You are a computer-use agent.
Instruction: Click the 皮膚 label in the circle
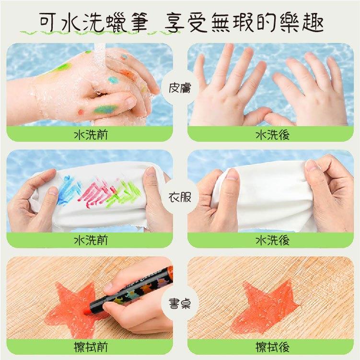[x=180, y=88]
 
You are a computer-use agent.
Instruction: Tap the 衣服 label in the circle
[x=180, y=197]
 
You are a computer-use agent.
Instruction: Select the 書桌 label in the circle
[x=180, y=303]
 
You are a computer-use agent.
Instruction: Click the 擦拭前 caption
[x=91, y=347]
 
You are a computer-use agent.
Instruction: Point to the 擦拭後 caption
[x=273, y=347]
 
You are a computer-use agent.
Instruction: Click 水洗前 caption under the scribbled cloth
[x=91, y=240]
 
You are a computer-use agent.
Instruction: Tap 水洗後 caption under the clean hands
[x=273, y=135]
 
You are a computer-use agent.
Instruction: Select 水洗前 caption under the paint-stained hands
[x=91, y=135]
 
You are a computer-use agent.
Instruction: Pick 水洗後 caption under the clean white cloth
[x=273, y=240]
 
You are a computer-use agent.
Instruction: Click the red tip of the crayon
[x=88, y=311]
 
